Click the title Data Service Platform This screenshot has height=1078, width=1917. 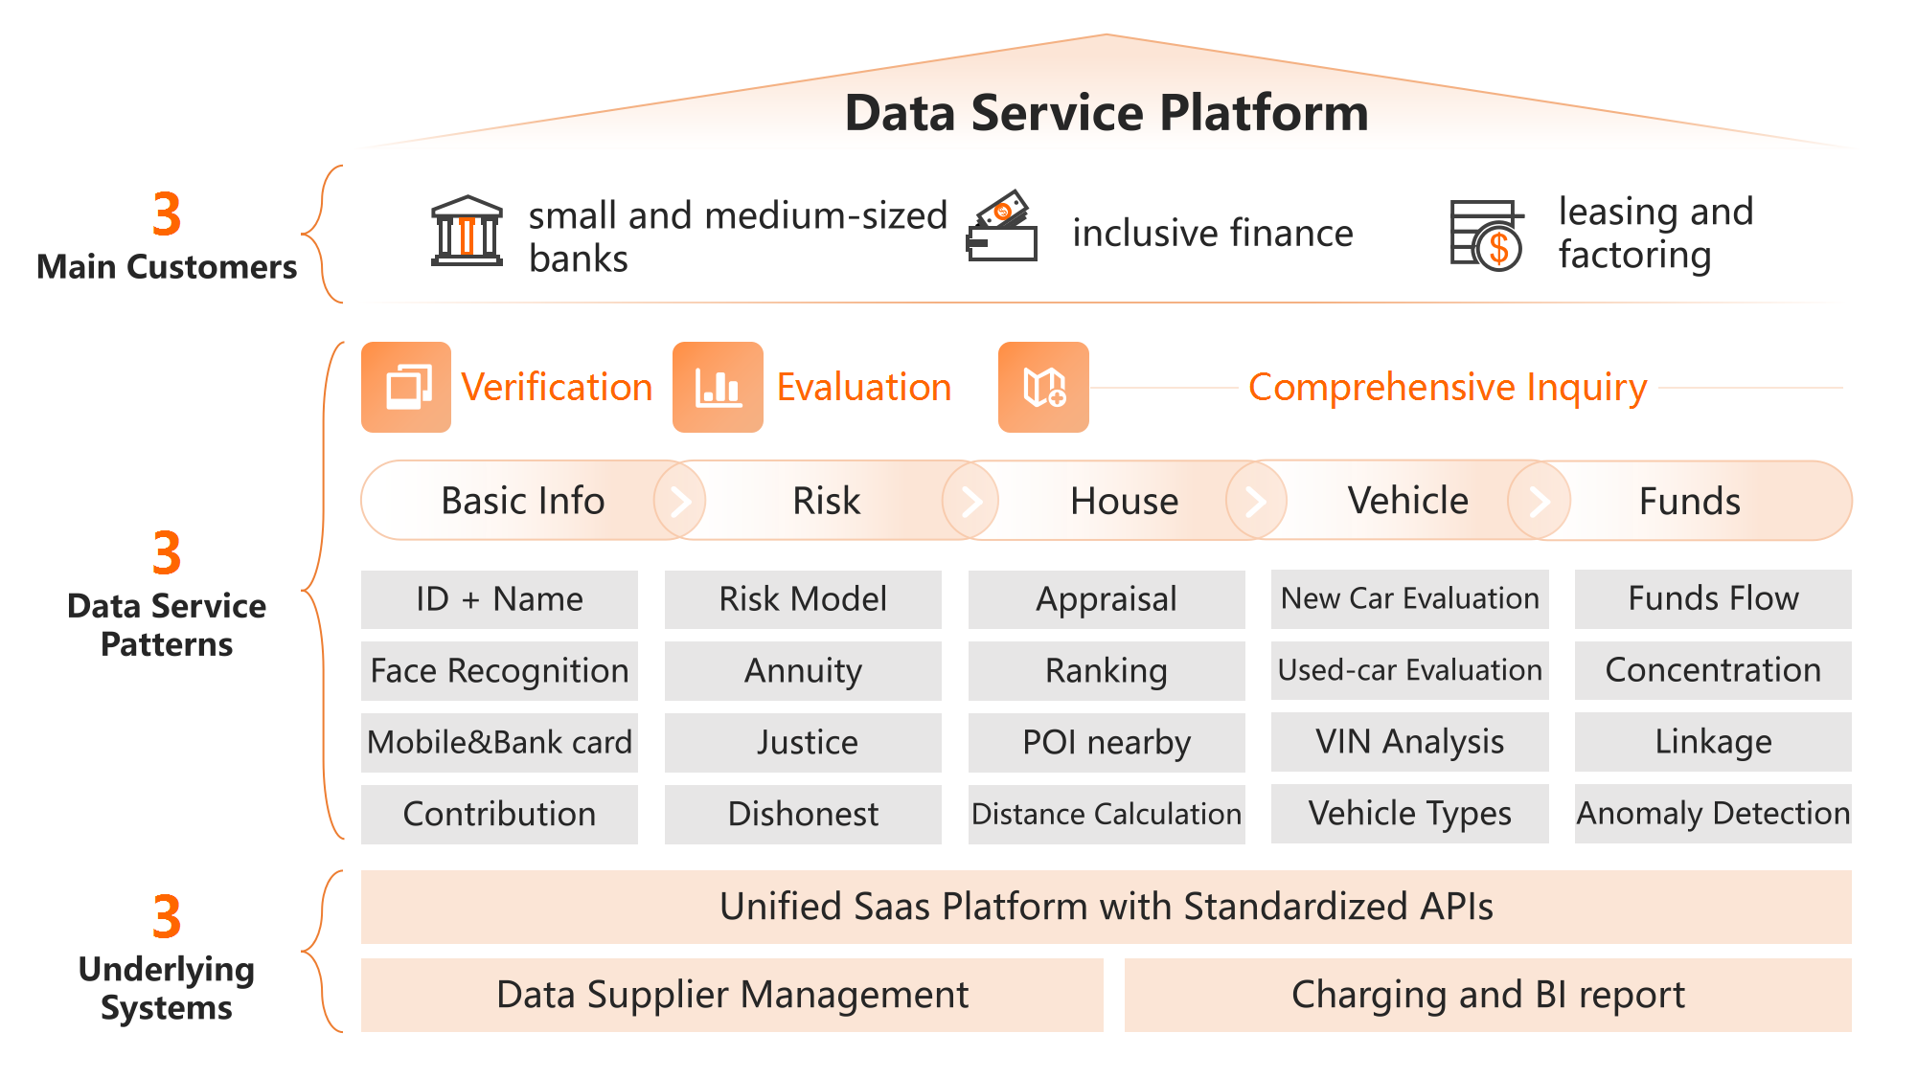pos(1106,113)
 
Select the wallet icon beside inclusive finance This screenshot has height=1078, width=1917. pos(1001,227)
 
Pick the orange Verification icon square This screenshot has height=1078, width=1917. pos(406,387)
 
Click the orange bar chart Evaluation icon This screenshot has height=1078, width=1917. pos(718,387)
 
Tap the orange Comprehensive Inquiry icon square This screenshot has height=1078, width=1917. pos(1043,387)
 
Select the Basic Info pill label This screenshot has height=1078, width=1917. pos(522,501)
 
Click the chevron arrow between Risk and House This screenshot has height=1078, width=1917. pos(970,501)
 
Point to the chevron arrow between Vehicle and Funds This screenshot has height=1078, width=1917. pos(1539,501)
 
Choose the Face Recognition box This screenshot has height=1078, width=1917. pos(499,670)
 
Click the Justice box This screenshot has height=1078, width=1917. pos(803,742)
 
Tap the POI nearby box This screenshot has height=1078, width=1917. pos(1107,742)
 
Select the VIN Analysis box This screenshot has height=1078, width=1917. pos(1409,742)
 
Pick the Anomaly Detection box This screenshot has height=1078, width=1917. pos(1713,813)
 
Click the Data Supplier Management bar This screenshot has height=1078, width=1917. pos(732,995)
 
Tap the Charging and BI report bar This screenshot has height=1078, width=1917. pos(1487,995)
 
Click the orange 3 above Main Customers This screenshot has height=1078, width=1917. pos(167,213)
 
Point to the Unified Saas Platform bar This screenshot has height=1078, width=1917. pos(1106,907)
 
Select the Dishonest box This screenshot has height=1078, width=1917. pos(803,814)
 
